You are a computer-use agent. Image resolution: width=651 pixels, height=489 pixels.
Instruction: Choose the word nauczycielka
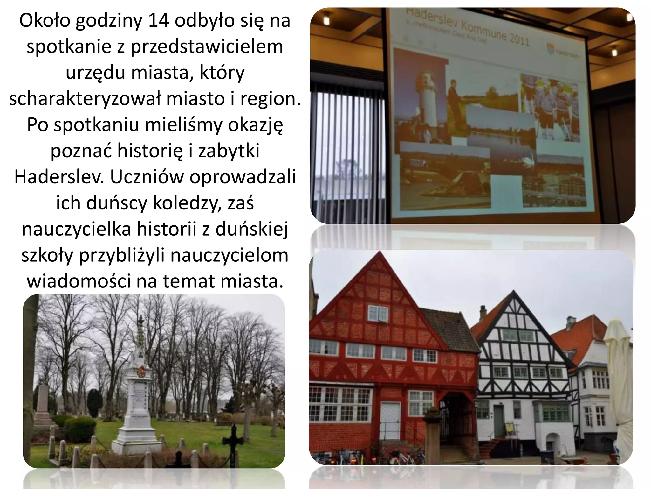pos(76,229)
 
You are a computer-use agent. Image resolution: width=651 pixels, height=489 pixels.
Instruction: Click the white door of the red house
pos(391,417)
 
